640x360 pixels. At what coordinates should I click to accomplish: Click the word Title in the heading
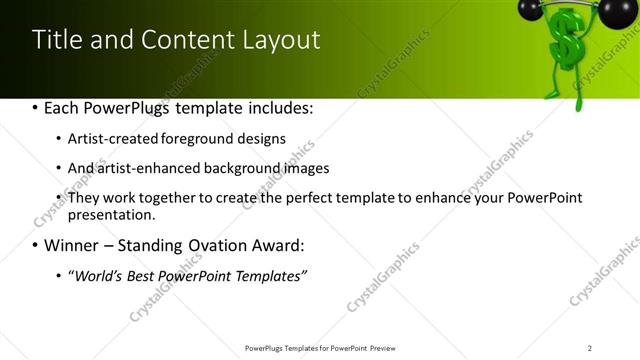point(56,40)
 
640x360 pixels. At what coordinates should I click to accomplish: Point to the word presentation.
point(109,214)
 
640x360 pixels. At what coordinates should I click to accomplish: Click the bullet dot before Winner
point(36,246)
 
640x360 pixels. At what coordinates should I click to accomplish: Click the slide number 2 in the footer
point(590,347)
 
